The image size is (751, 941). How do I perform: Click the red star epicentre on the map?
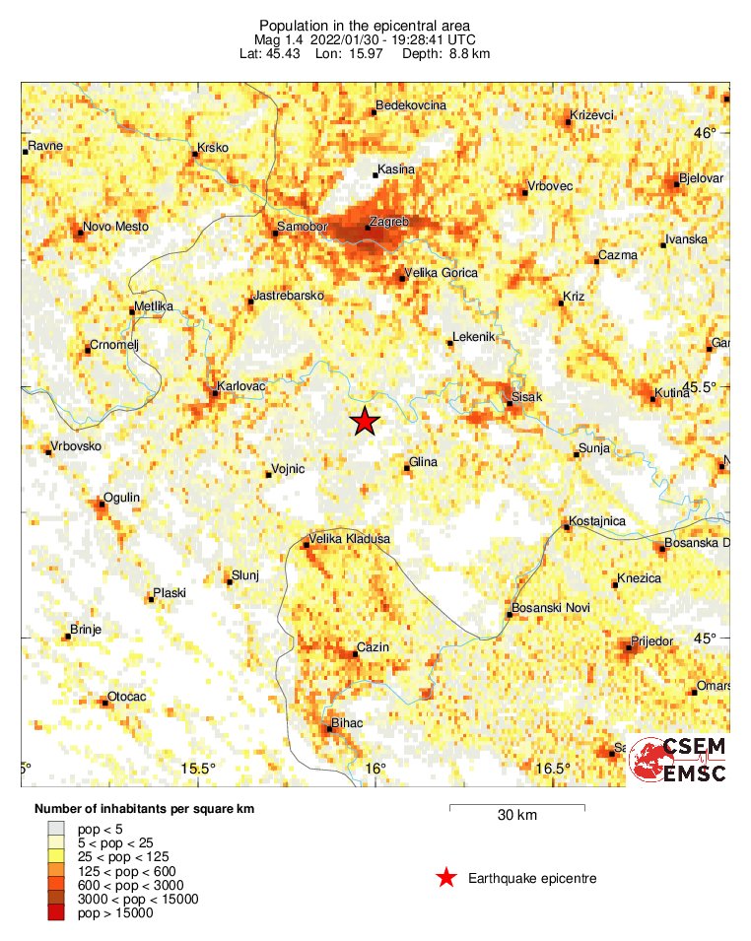(365, 421)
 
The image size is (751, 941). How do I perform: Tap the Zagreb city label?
(388, 222)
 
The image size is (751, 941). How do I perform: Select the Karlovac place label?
(241, 386)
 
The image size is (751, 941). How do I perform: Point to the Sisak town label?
(524, 397)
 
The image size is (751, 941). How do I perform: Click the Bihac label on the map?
(348, 723)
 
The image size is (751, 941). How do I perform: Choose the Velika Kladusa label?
(350, 539)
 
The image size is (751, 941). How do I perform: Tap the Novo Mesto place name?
(116, 228)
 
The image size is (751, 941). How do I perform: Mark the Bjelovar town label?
(702, 178)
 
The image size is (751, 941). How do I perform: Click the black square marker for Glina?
(408, 469)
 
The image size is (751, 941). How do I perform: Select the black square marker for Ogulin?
(101, 504)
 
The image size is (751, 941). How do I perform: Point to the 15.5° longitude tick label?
(199, 769)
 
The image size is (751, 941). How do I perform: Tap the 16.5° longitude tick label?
(553, 769)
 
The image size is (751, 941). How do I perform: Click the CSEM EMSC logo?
(679, 760)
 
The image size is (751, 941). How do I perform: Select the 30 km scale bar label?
(517, 815)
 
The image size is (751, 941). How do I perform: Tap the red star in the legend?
(446, 878)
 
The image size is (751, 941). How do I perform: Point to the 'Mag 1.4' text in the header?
(277, 38)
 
